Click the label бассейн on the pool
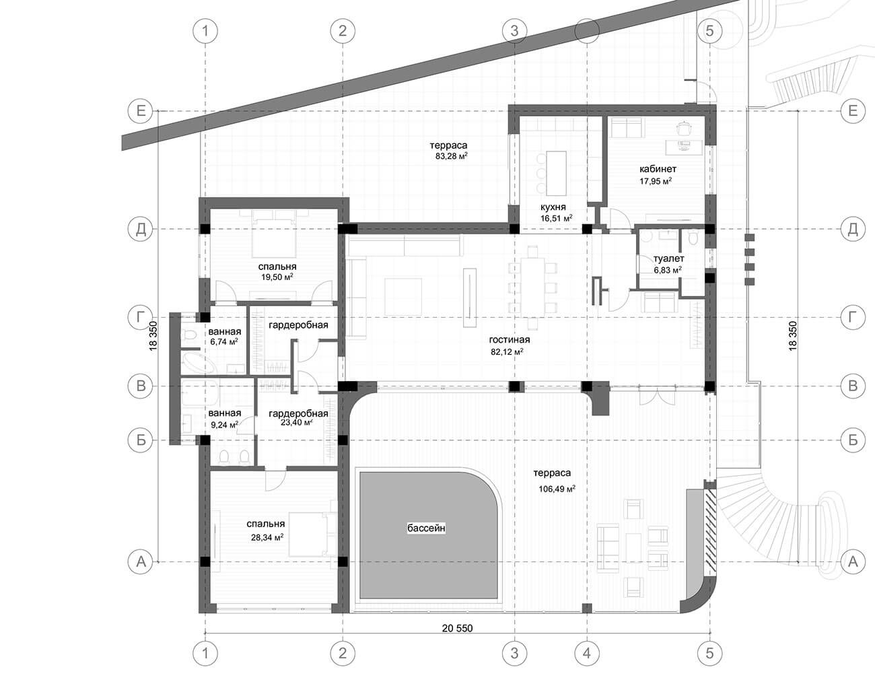[426, 528]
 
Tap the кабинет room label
[658, 169]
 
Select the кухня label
[553, 207]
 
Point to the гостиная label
[510, 339]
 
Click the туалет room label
[668, 259]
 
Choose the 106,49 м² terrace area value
[557, 489]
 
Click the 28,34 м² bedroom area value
[267, 538]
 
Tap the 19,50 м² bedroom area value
[277, 277]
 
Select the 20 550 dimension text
[458, 628]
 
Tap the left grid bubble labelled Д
[141, 230]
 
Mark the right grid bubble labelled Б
[853, 440]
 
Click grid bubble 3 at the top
[514, 30]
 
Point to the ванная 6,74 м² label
[224, 337]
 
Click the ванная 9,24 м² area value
[224, 425]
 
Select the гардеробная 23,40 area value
[297, 423]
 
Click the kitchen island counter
[556, 173]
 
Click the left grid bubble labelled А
[141, 561]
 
